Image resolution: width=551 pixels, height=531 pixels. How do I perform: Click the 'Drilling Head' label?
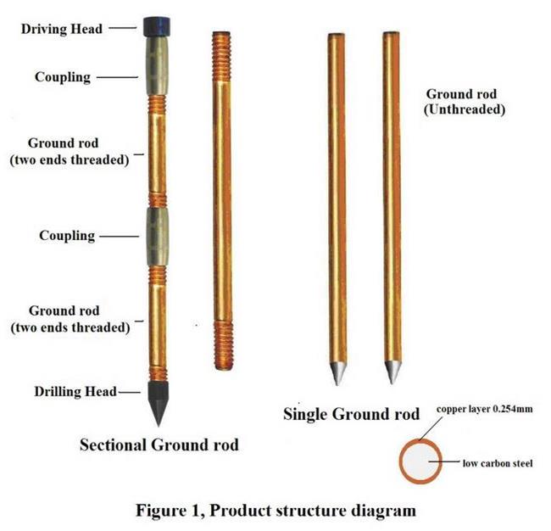click(71, 391)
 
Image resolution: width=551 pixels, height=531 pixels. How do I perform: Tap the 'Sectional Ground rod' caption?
click(159, 444)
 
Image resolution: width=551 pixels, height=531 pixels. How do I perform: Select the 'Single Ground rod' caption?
click(351, 414)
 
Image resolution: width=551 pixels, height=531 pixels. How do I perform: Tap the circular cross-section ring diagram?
click(420, 461)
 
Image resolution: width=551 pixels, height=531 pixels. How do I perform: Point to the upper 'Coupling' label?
click(62, 77)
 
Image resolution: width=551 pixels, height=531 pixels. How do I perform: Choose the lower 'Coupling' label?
click(66, 235)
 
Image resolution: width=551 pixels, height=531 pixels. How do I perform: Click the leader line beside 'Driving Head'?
click(122, 28)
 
